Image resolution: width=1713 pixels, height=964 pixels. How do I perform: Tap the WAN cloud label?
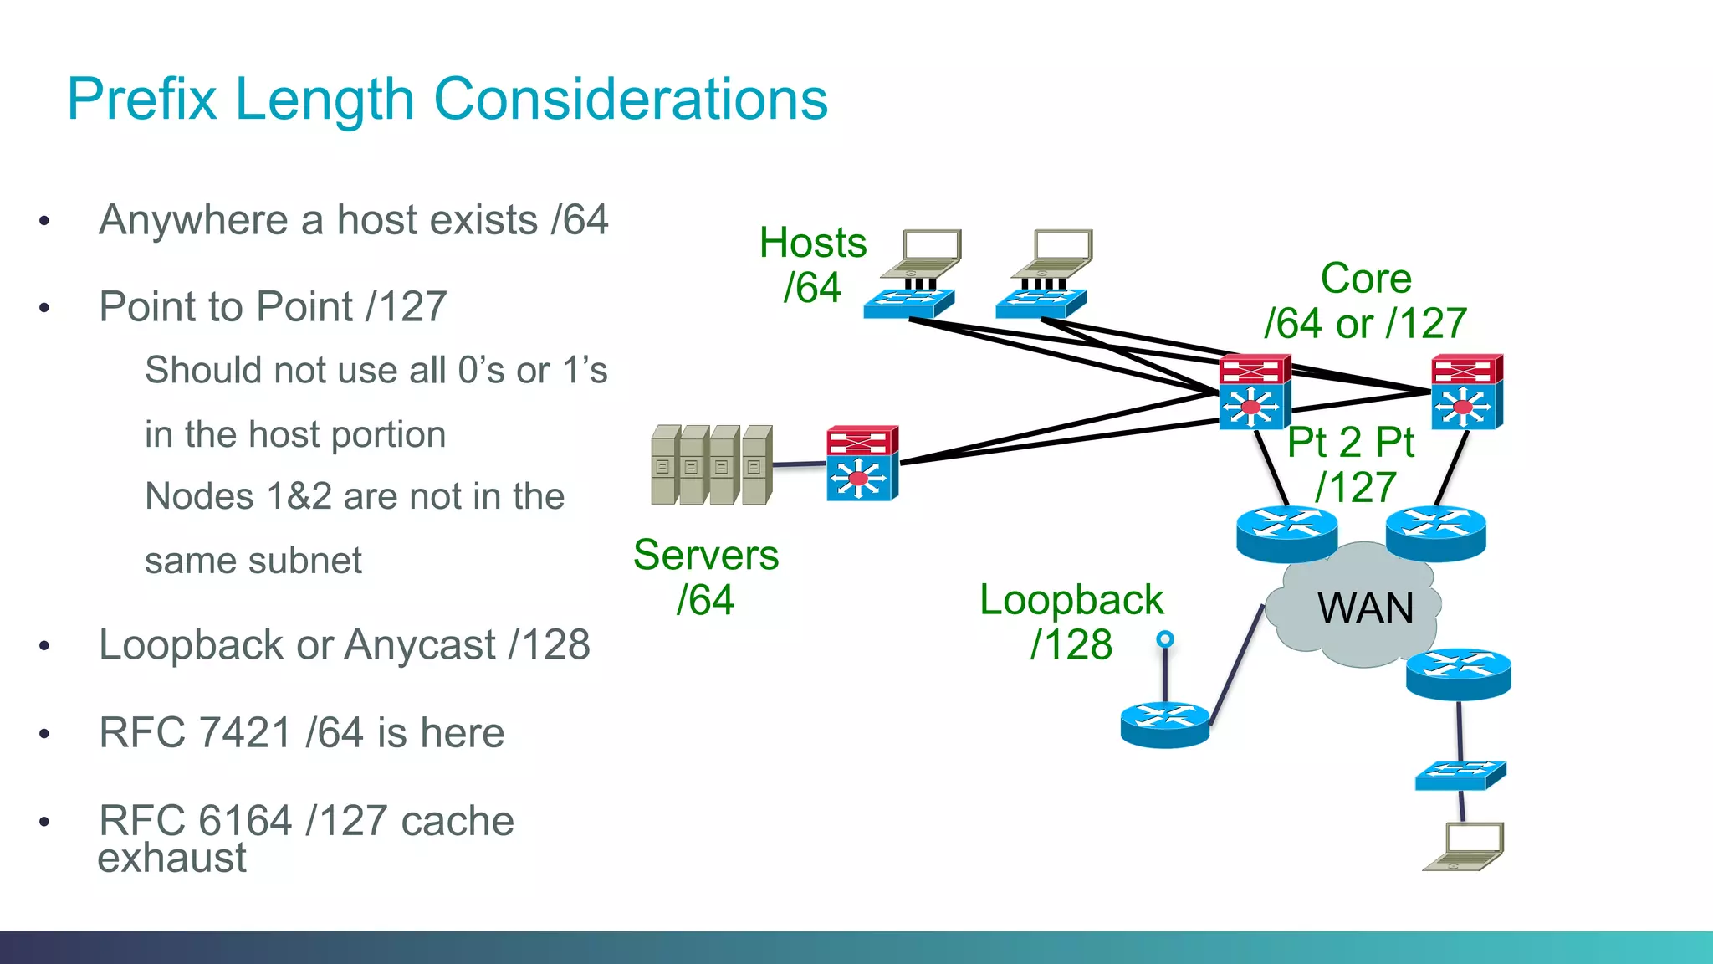(1364, 608)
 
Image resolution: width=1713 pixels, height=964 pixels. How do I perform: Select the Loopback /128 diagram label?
(1071, 623)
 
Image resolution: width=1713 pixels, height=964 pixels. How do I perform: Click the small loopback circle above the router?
(1164, 640)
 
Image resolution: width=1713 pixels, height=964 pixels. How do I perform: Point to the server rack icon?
(712, 465)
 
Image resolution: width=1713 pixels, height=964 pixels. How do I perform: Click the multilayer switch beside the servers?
(862, 464)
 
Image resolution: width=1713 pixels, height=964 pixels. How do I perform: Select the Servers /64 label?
(706, 577)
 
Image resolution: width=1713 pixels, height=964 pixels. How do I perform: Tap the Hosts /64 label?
(812, 265)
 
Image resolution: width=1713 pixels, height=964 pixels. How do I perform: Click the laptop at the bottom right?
(1465, 847)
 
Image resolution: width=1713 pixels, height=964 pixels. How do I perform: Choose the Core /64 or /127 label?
(1365, 301)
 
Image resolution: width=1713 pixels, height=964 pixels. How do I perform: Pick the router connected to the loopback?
(1164, 724)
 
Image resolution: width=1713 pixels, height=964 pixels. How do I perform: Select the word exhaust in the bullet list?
(171, 859)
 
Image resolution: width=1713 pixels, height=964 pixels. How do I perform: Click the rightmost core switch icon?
(1466, 392)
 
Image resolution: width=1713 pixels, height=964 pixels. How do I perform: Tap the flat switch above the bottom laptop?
(1460, 776)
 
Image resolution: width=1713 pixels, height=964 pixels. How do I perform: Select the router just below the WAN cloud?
(1458, 674)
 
